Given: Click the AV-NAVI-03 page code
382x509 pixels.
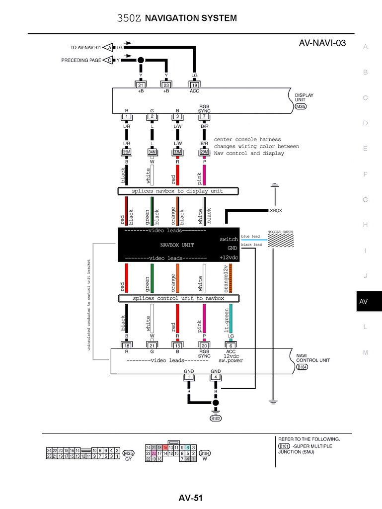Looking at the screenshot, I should [322, 43].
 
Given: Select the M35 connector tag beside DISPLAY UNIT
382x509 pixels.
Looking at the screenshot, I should [301, 106].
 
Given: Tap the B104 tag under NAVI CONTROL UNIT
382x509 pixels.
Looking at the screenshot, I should [303, 367].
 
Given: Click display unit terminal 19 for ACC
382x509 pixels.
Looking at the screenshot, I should [195, 85].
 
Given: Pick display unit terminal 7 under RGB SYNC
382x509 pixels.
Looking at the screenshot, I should [204, 117].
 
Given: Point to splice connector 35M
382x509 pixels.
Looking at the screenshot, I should [127, 152].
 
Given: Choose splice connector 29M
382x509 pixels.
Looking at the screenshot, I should [204, 152].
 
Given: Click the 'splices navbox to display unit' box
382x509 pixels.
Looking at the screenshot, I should [178, 191].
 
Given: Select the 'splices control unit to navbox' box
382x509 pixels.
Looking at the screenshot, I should [178, 298].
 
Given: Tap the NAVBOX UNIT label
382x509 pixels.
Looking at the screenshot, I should [177, 245].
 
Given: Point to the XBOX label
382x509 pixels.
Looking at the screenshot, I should [276, 211].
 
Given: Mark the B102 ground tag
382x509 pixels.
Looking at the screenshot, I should [216, 418].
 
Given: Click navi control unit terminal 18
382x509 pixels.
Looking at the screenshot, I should [127, 345].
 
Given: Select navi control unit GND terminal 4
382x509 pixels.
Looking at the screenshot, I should [216, 377].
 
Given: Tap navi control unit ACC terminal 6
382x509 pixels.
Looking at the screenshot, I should [231, 345].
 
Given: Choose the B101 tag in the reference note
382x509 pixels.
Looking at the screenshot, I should [284, 446].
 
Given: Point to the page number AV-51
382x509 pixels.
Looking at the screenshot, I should [191, 498].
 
